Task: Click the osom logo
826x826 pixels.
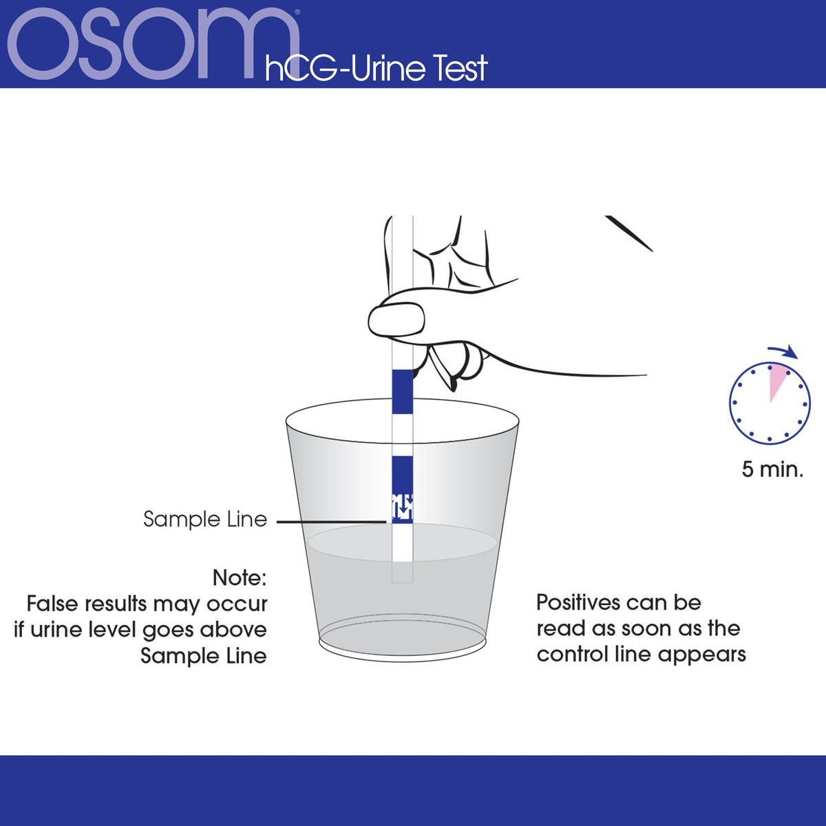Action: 153,44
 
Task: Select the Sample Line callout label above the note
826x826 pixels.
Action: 205,519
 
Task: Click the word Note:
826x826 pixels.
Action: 240,578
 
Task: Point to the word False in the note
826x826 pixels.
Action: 54,604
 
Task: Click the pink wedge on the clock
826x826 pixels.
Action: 776,380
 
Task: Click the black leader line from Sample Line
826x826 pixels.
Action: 331,522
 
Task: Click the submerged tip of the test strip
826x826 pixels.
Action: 403,571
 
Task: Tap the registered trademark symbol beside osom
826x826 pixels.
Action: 297,12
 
